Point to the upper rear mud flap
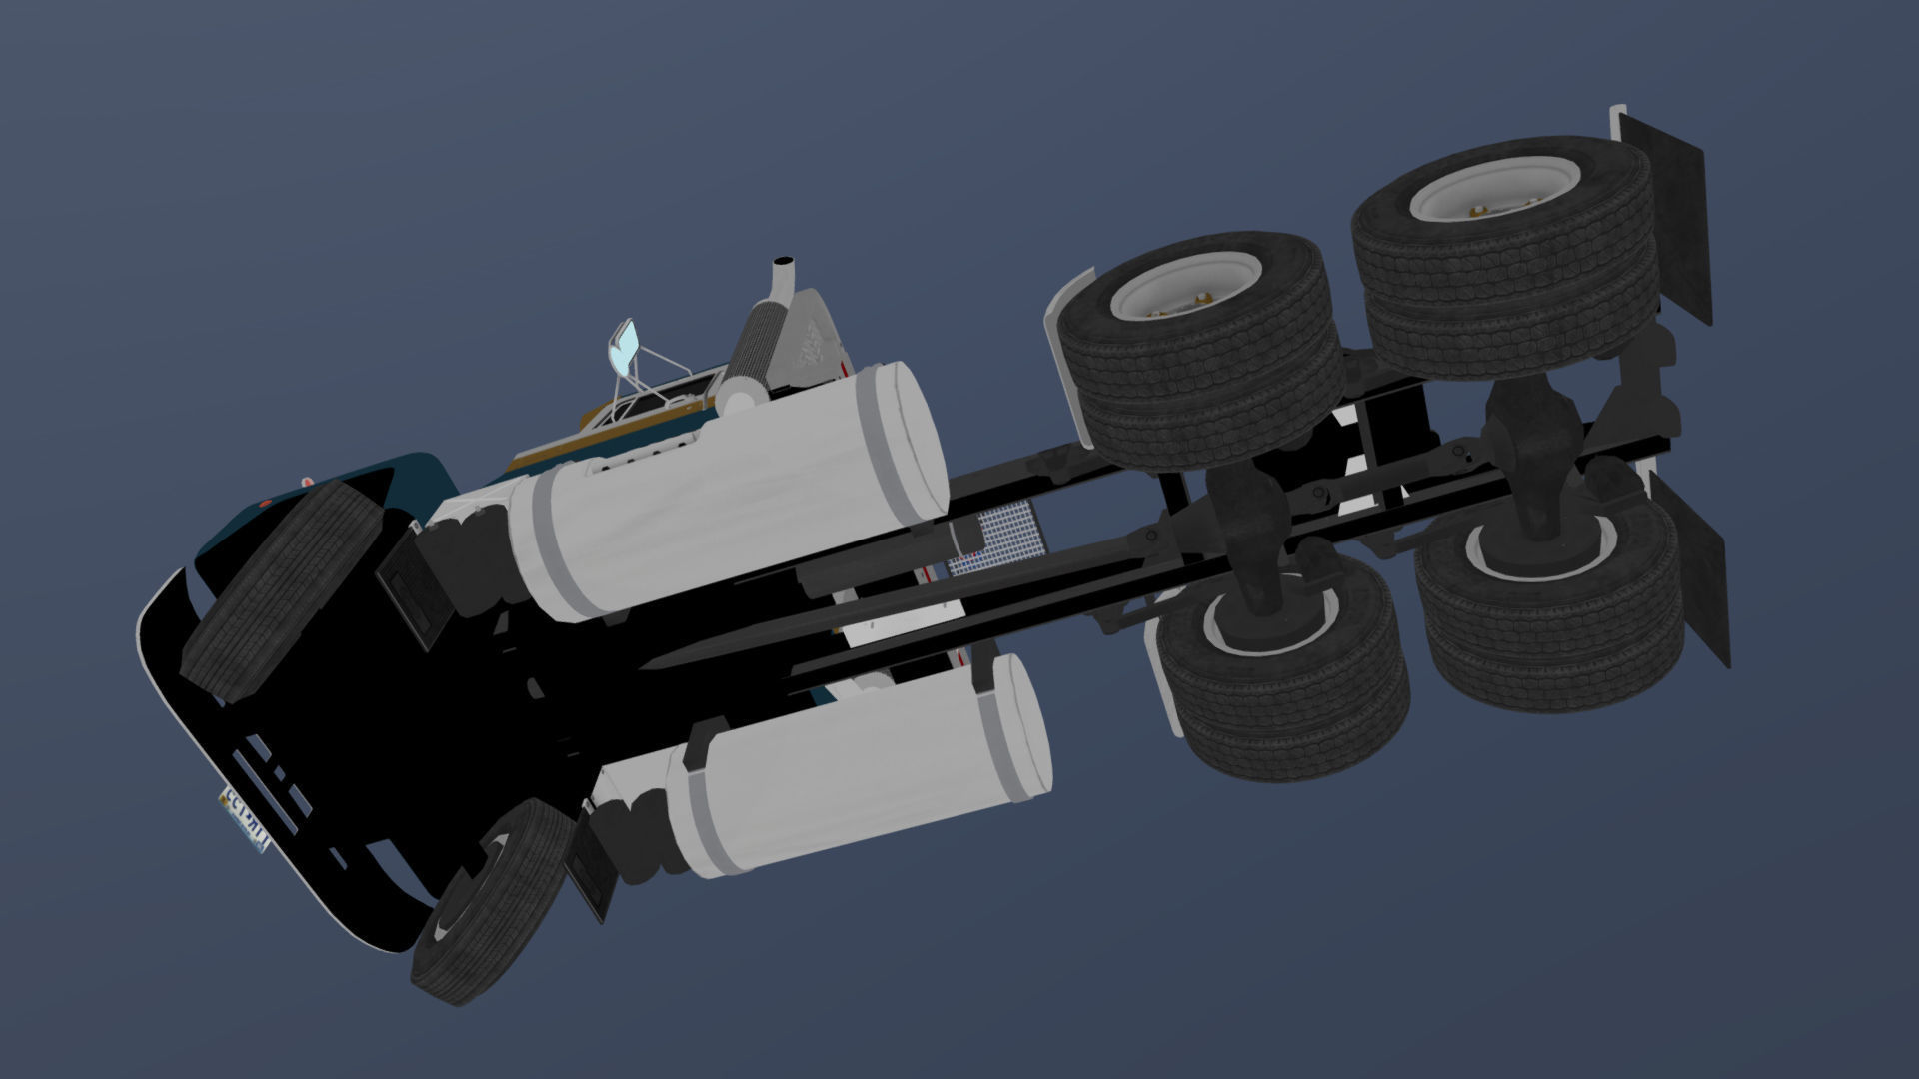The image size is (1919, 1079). (x=1664, y=215)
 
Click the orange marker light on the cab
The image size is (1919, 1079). (x=265, y=503)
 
